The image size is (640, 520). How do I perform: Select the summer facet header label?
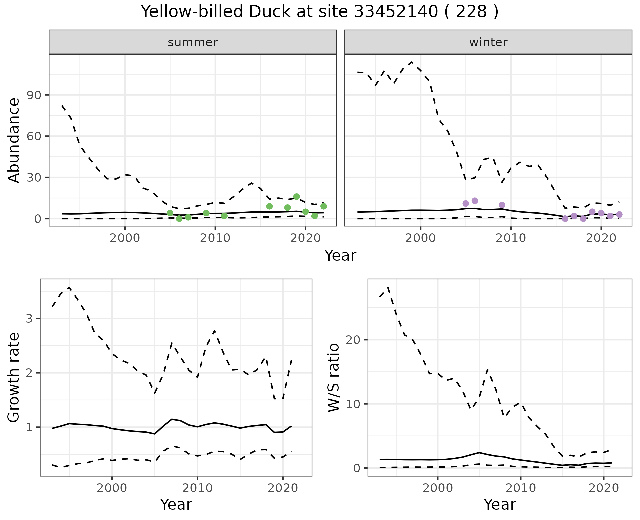tap(193, 42)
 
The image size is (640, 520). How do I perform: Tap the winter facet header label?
tap(488, 42)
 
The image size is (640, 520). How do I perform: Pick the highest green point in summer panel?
tap(296, 197)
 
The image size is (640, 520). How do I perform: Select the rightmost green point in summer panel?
tap(323, 206)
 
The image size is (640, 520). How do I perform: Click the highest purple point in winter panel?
tap(475, 201)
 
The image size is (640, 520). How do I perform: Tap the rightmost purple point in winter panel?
tap(619, 214)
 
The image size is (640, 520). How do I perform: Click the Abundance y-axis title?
tap(14, 140)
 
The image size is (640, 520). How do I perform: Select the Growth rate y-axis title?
tap(14, 377)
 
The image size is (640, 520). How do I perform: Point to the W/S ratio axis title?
tap(333, 377)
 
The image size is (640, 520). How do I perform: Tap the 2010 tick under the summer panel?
tap(215, 238)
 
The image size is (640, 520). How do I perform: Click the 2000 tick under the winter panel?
tap(420, 238)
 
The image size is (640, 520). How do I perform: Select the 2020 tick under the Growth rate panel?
tap(283, 488)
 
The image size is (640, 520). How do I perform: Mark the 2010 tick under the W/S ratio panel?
tap(520, 488)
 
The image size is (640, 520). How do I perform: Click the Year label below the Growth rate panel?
tap(176, 504)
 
